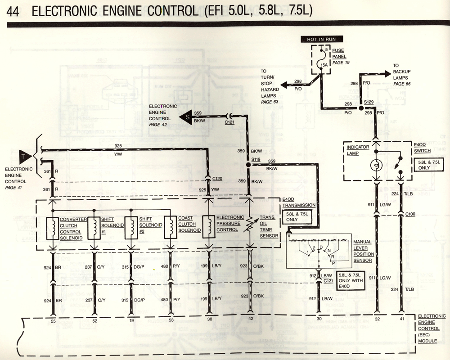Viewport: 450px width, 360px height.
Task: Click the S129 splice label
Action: click(x=369, y=103)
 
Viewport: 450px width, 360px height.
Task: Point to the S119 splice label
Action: click(x=256, y=159)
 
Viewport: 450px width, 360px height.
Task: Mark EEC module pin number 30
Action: click(x=319, y=318)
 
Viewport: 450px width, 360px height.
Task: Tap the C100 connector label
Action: click(x=409, y=214)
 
